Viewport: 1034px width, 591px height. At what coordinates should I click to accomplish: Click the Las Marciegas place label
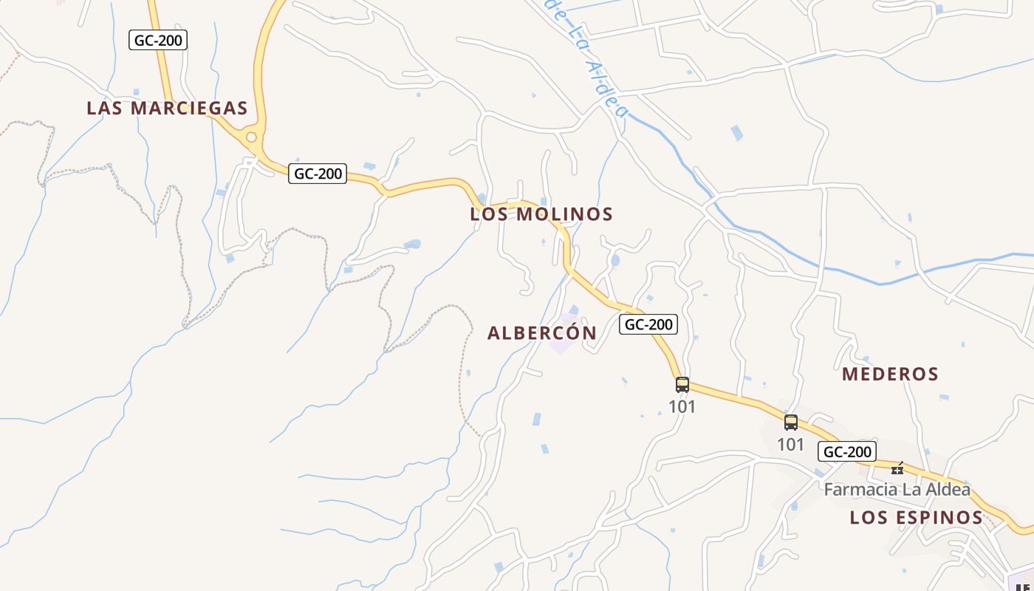(167, 108)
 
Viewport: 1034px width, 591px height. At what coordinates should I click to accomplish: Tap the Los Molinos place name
(541, 214)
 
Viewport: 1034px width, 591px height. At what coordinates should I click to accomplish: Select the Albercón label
(541, 333)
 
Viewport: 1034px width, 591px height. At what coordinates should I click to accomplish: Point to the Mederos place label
(890, 374)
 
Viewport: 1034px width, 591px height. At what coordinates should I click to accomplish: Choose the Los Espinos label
(916, 517)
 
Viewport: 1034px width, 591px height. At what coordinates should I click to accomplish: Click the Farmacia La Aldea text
(897, 489)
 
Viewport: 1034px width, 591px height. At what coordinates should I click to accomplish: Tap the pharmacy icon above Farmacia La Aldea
(897, 468)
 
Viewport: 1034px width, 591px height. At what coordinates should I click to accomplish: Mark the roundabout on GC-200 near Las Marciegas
(251, 137)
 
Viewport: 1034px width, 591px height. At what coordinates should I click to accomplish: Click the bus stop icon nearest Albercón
(682, 384)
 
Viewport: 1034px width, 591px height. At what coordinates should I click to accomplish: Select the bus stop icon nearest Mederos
(790, 423)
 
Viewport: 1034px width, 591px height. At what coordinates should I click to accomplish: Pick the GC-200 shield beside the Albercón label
(648, 324)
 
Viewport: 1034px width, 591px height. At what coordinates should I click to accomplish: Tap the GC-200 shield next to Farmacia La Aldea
(846, 451)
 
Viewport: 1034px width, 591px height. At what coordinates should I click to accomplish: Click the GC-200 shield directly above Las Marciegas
(158, 40)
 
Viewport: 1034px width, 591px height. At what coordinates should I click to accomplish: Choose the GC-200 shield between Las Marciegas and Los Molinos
(317, 174)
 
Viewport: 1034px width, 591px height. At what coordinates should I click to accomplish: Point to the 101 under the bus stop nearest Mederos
(790, 445)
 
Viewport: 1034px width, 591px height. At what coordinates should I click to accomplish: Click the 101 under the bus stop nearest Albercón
(682, 406)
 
